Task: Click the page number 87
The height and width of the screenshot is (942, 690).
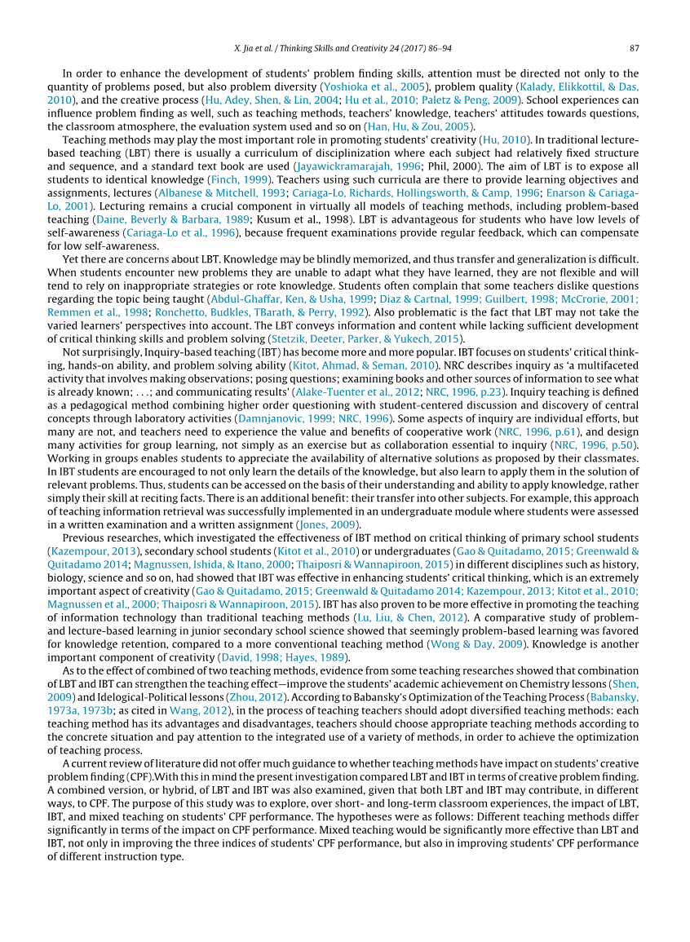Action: coord(634,48)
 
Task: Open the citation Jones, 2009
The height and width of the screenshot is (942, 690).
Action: coord(330,524)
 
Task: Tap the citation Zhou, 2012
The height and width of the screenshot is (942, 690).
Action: coord(259,697)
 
